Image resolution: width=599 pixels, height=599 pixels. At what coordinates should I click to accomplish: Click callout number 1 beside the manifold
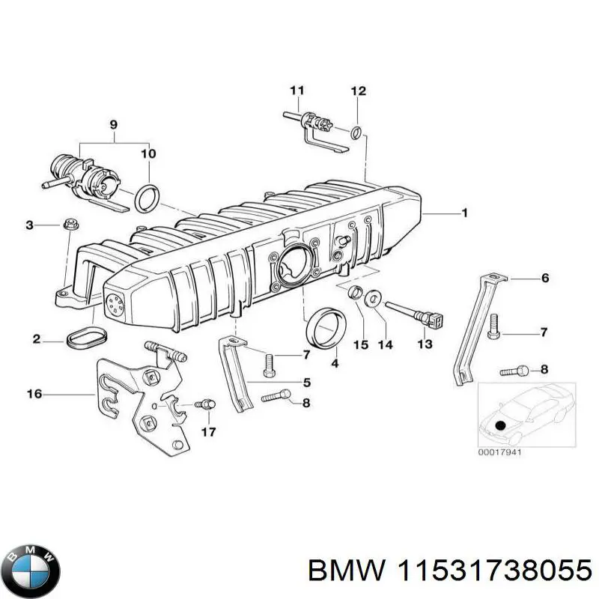click(464, 213)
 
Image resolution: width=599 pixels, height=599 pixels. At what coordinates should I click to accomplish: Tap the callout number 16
click(35, 392)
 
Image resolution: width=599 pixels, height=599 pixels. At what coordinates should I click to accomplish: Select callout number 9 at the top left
click(114, 126)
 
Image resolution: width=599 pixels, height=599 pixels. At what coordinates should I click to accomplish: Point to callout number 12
click(359, 91)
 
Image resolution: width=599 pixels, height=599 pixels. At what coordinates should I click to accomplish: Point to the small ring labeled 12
click(359, 133)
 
